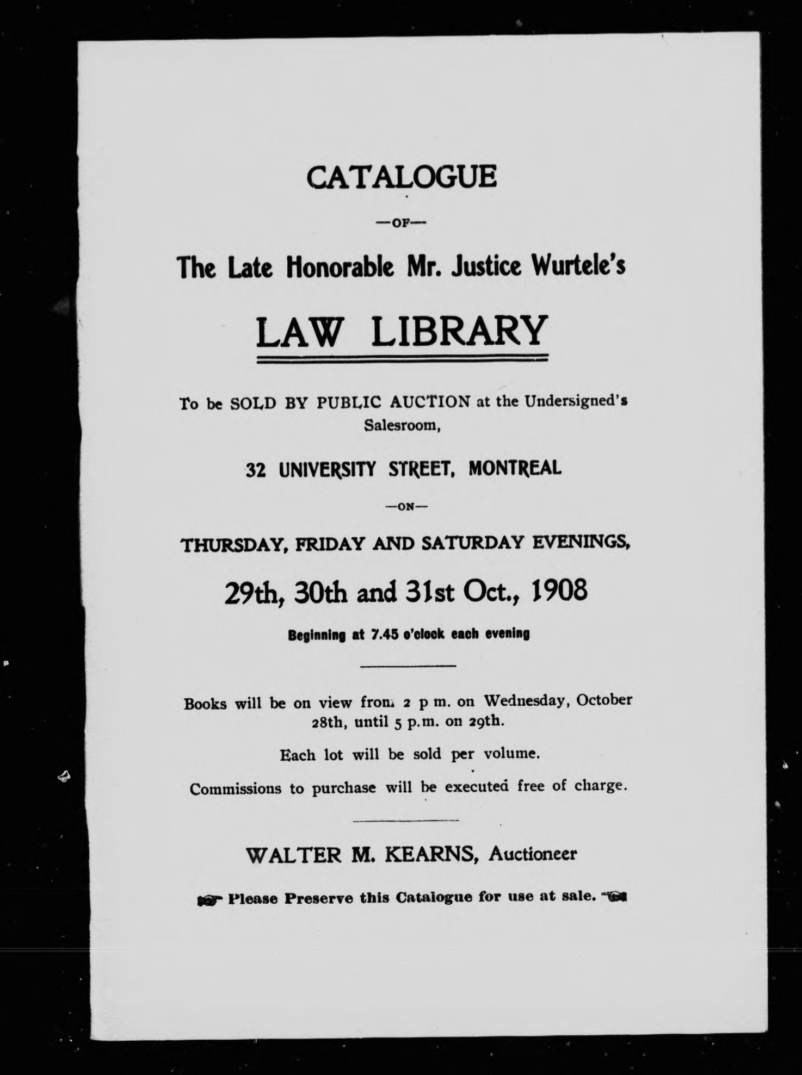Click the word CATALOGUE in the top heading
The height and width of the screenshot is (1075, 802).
[x=402, y=177]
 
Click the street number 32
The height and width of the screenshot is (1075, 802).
[x=255, y=469]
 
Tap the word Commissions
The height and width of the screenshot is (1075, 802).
[x=236, y=788]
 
